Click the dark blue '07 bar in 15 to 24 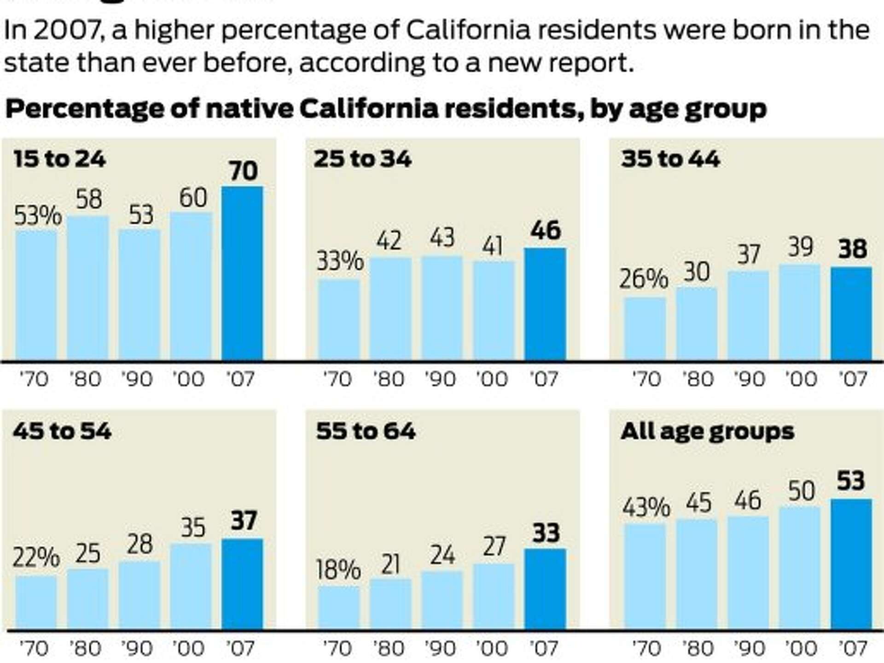tap(242, 274)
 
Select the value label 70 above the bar tap(243, 171)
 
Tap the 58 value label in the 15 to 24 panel tap(88, 199)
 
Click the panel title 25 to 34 tap(362, 159)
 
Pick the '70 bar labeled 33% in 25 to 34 tap(339, 320)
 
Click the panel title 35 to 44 tap(670, 159)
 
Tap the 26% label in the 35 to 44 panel tap(643, 279)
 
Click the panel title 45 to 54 tap(62, 431)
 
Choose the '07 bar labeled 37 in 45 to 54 tap(242, 584)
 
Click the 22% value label tap(36, 557)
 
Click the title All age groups tap(707, 431)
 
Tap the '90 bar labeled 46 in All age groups tap(748, 573)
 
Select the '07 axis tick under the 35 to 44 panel tap(853, 379)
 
